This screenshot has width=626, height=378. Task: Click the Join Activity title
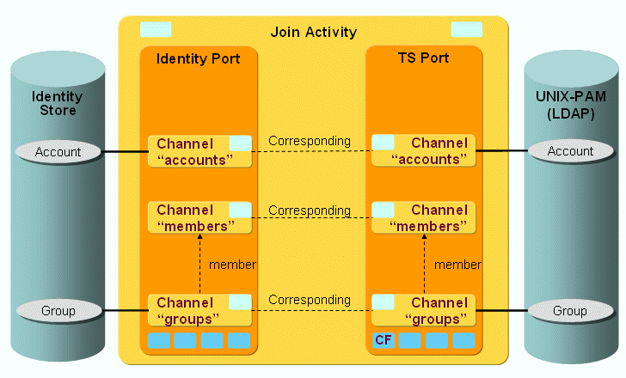point(313,33)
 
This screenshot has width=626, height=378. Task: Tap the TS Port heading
point(423,58)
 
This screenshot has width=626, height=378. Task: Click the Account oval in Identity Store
point(58,152)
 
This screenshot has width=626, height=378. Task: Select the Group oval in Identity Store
point(58,310)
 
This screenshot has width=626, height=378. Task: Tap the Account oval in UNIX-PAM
point(570,151)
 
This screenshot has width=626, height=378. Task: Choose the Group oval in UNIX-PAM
point(570,310)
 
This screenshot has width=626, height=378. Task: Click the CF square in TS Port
point(384,340)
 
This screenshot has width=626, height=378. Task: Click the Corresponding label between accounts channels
point(310,140)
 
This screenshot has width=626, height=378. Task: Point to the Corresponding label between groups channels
point(310,300)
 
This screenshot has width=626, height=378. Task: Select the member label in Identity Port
point(232,265)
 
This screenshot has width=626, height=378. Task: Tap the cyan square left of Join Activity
point(155,30)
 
